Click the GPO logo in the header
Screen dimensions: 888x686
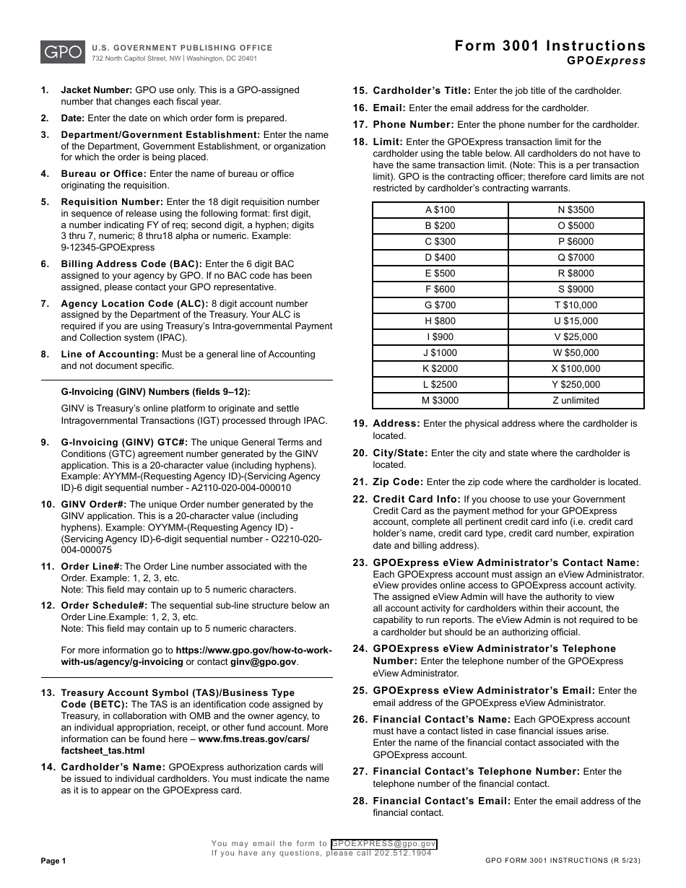(61, 52)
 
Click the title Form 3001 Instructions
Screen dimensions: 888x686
(550, 46)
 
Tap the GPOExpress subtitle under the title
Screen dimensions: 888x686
(606, 61)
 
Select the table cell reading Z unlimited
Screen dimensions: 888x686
(576, 401)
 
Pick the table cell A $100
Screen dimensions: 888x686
(440, 210)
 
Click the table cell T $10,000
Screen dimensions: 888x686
(576, 305)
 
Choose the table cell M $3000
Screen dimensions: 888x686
(440, 401)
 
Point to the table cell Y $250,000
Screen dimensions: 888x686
(576, 385)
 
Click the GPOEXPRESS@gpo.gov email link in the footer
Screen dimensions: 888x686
(383, 843)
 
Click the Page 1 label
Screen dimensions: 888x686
(53, 861)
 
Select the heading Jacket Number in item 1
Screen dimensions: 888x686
(96, 90)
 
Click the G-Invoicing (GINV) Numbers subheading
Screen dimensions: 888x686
(155, 392)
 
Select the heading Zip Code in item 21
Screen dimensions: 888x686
(398, 482)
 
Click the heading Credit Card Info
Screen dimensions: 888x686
(417, 499)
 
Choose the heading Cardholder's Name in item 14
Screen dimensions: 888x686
(113, 767)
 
